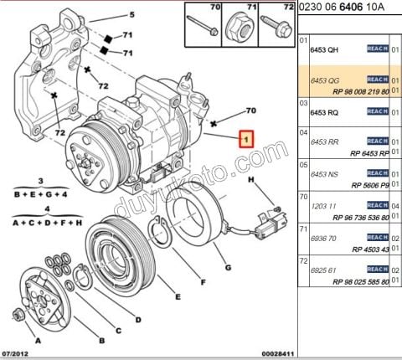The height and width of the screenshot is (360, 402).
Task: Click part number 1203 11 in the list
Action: [x=325, y=204]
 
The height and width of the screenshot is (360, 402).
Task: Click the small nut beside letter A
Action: [x=18, y=316]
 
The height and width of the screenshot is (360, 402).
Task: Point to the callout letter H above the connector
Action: [x=250, y=180]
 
